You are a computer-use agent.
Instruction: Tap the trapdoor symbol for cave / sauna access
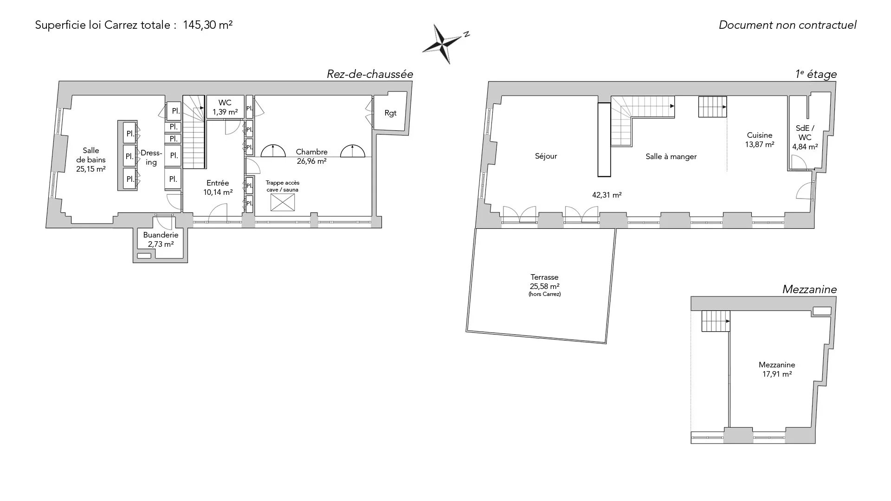[x=283, y=203]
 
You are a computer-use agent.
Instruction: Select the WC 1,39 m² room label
[x=225, y=107]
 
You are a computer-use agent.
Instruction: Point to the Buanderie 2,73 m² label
[x=161, y=239]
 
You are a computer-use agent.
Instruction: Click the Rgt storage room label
[x=391, y=113]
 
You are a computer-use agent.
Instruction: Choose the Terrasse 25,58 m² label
[x=545, y=284]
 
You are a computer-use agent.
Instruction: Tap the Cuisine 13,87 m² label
[x=760, y=140]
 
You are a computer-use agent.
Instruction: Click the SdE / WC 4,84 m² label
[x=805, y=137]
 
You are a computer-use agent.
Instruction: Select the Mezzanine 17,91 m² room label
[x=777, y=369]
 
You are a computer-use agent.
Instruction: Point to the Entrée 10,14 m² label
[x=218, y=187]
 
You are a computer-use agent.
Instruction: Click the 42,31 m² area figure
[x=607, y=195]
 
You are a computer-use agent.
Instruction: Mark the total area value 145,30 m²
[x=208, y=25]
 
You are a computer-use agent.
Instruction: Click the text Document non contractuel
[x=788, y=25]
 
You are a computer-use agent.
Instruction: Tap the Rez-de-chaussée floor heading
[x=370, y=74]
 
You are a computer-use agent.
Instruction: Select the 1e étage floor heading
[x=816, y=74]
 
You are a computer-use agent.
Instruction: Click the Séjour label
[x=546, y=156]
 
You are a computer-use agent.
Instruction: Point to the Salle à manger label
[x=671, y=157]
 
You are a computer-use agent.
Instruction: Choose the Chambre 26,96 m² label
[x=312, y=156]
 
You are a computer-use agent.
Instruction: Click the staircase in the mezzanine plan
[x=715, y=321]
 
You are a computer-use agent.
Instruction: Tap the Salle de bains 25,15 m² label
[x=91, y=160]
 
